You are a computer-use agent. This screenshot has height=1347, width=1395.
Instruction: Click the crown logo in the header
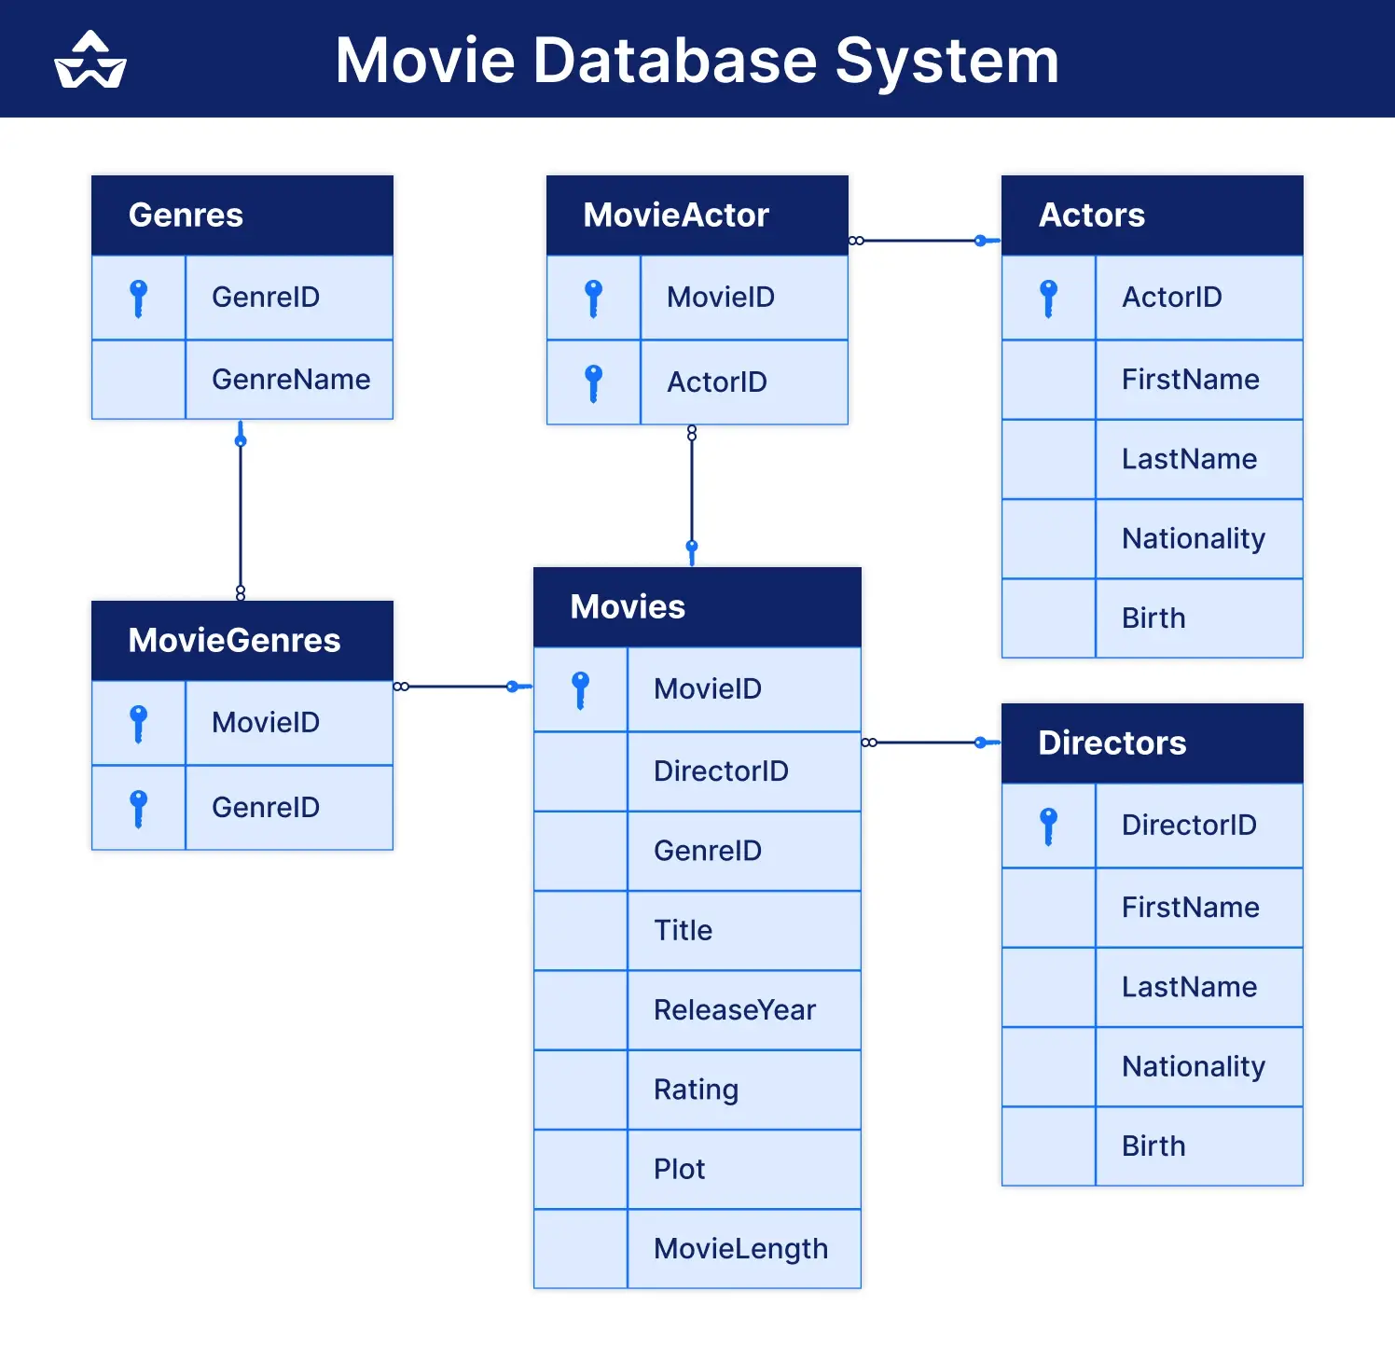[90, 61]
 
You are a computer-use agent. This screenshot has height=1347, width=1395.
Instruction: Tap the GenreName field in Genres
[290, 380]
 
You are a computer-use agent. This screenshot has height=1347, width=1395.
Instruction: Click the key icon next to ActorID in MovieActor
[594, 382]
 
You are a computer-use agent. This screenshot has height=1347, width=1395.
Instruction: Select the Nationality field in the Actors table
[1193, 538]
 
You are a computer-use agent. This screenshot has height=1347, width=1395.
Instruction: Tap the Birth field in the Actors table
[1153, 618]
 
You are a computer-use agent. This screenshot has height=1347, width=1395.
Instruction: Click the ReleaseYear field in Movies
[734, 1010]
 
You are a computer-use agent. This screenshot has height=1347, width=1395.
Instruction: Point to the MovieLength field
[740, 1249]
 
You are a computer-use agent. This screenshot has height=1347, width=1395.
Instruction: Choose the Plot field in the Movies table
[679, 1169]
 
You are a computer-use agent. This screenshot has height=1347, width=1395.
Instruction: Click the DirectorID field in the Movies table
[721, 771]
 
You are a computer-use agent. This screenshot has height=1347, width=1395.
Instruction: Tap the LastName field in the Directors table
[1189, 987]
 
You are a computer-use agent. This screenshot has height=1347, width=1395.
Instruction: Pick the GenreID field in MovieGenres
[266, 808]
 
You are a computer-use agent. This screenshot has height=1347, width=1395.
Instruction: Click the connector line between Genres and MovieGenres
[241, 513]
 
